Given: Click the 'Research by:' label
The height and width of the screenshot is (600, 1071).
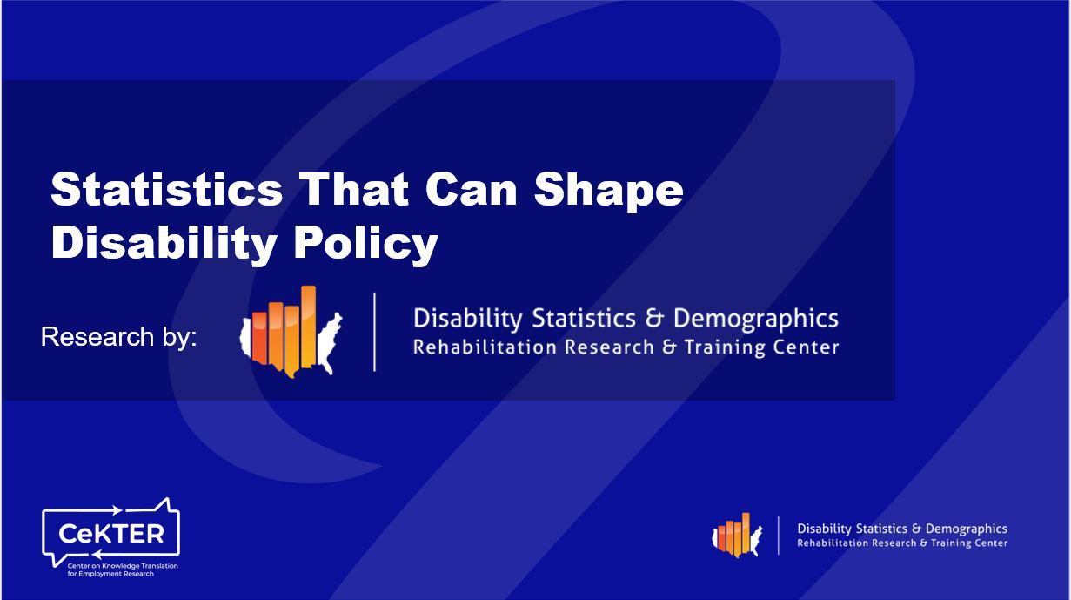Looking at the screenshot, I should tap(119, 337).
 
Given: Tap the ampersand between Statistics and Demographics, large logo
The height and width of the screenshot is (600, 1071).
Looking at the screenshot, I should tap(659, 319).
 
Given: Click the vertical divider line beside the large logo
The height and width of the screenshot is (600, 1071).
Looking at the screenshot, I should tap(375, 332).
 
